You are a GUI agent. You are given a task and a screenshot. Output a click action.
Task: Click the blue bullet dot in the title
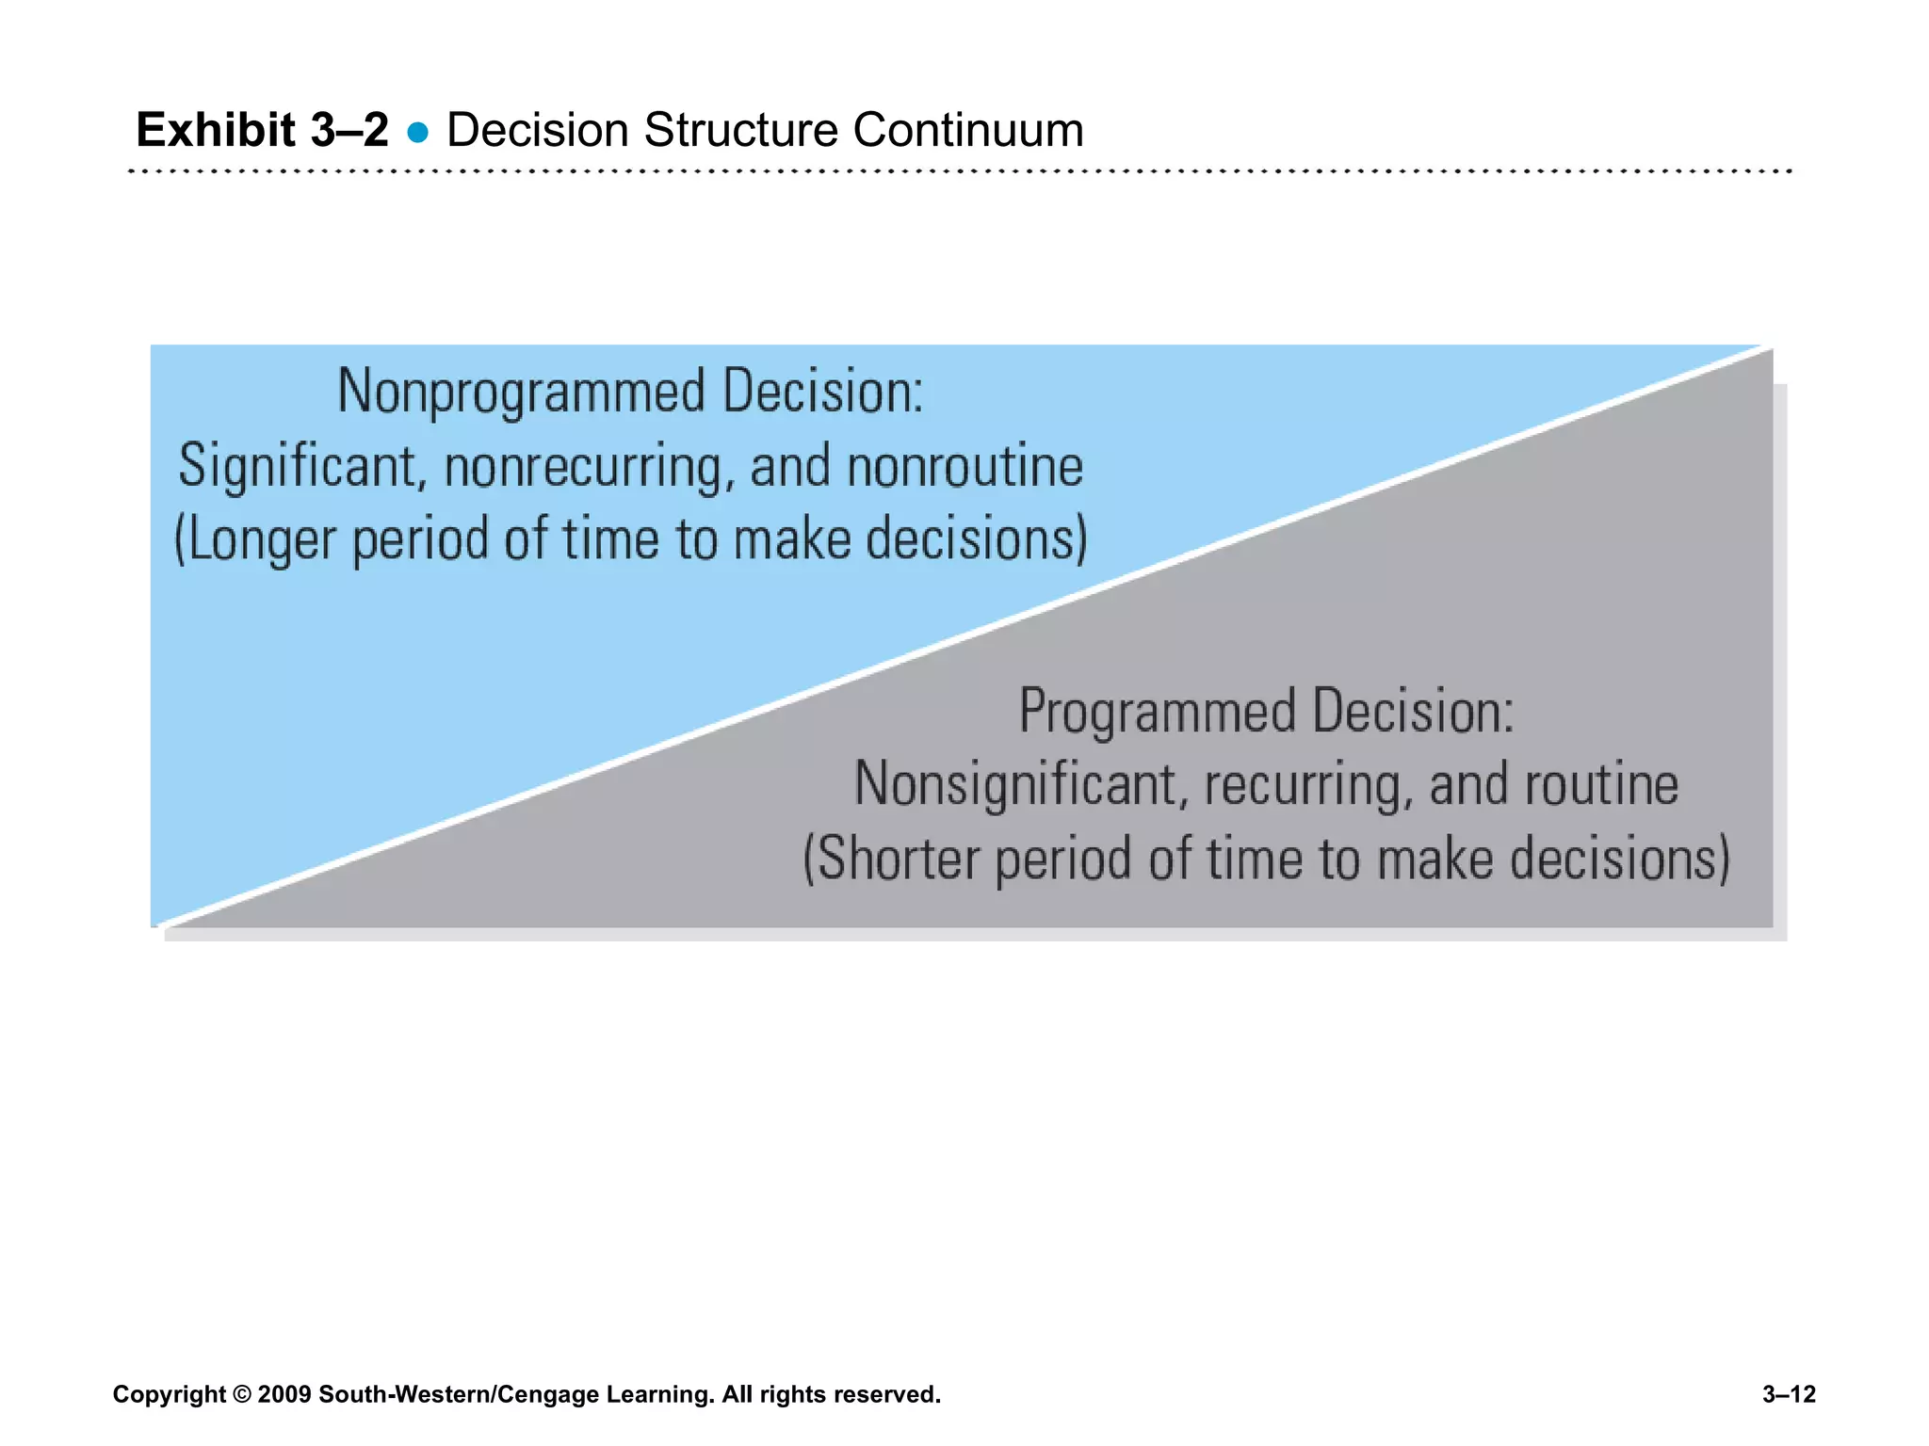pyautogui.click(x=418, y=133)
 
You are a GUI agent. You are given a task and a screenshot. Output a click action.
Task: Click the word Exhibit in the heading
pyautogui.click(x=216, y=129)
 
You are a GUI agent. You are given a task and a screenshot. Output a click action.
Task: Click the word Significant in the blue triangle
pyautogui.click(x=298, y=466)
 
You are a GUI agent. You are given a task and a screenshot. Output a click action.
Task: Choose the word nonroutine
pyautogui.click(x=965, y=467)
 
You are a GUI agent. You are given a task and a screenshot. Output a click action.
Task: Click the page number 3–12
pyautogui.click(x=1788, y=1394)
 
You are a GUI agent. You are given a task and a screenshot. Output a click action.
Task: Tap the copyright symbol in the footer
pyautogui.click(x=242, y=1394)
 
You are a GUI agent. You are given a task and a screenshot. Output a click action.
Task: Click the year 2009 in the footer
pyautogui.click(x=284, y=1394)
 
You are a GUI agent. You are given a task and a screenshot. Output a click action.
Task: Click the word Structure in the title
pyautogui.click(x=740, y=130)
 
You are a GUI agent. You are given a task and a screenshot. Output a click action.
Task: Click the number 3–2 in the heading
pyautogui.click(x=349, y=129)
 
